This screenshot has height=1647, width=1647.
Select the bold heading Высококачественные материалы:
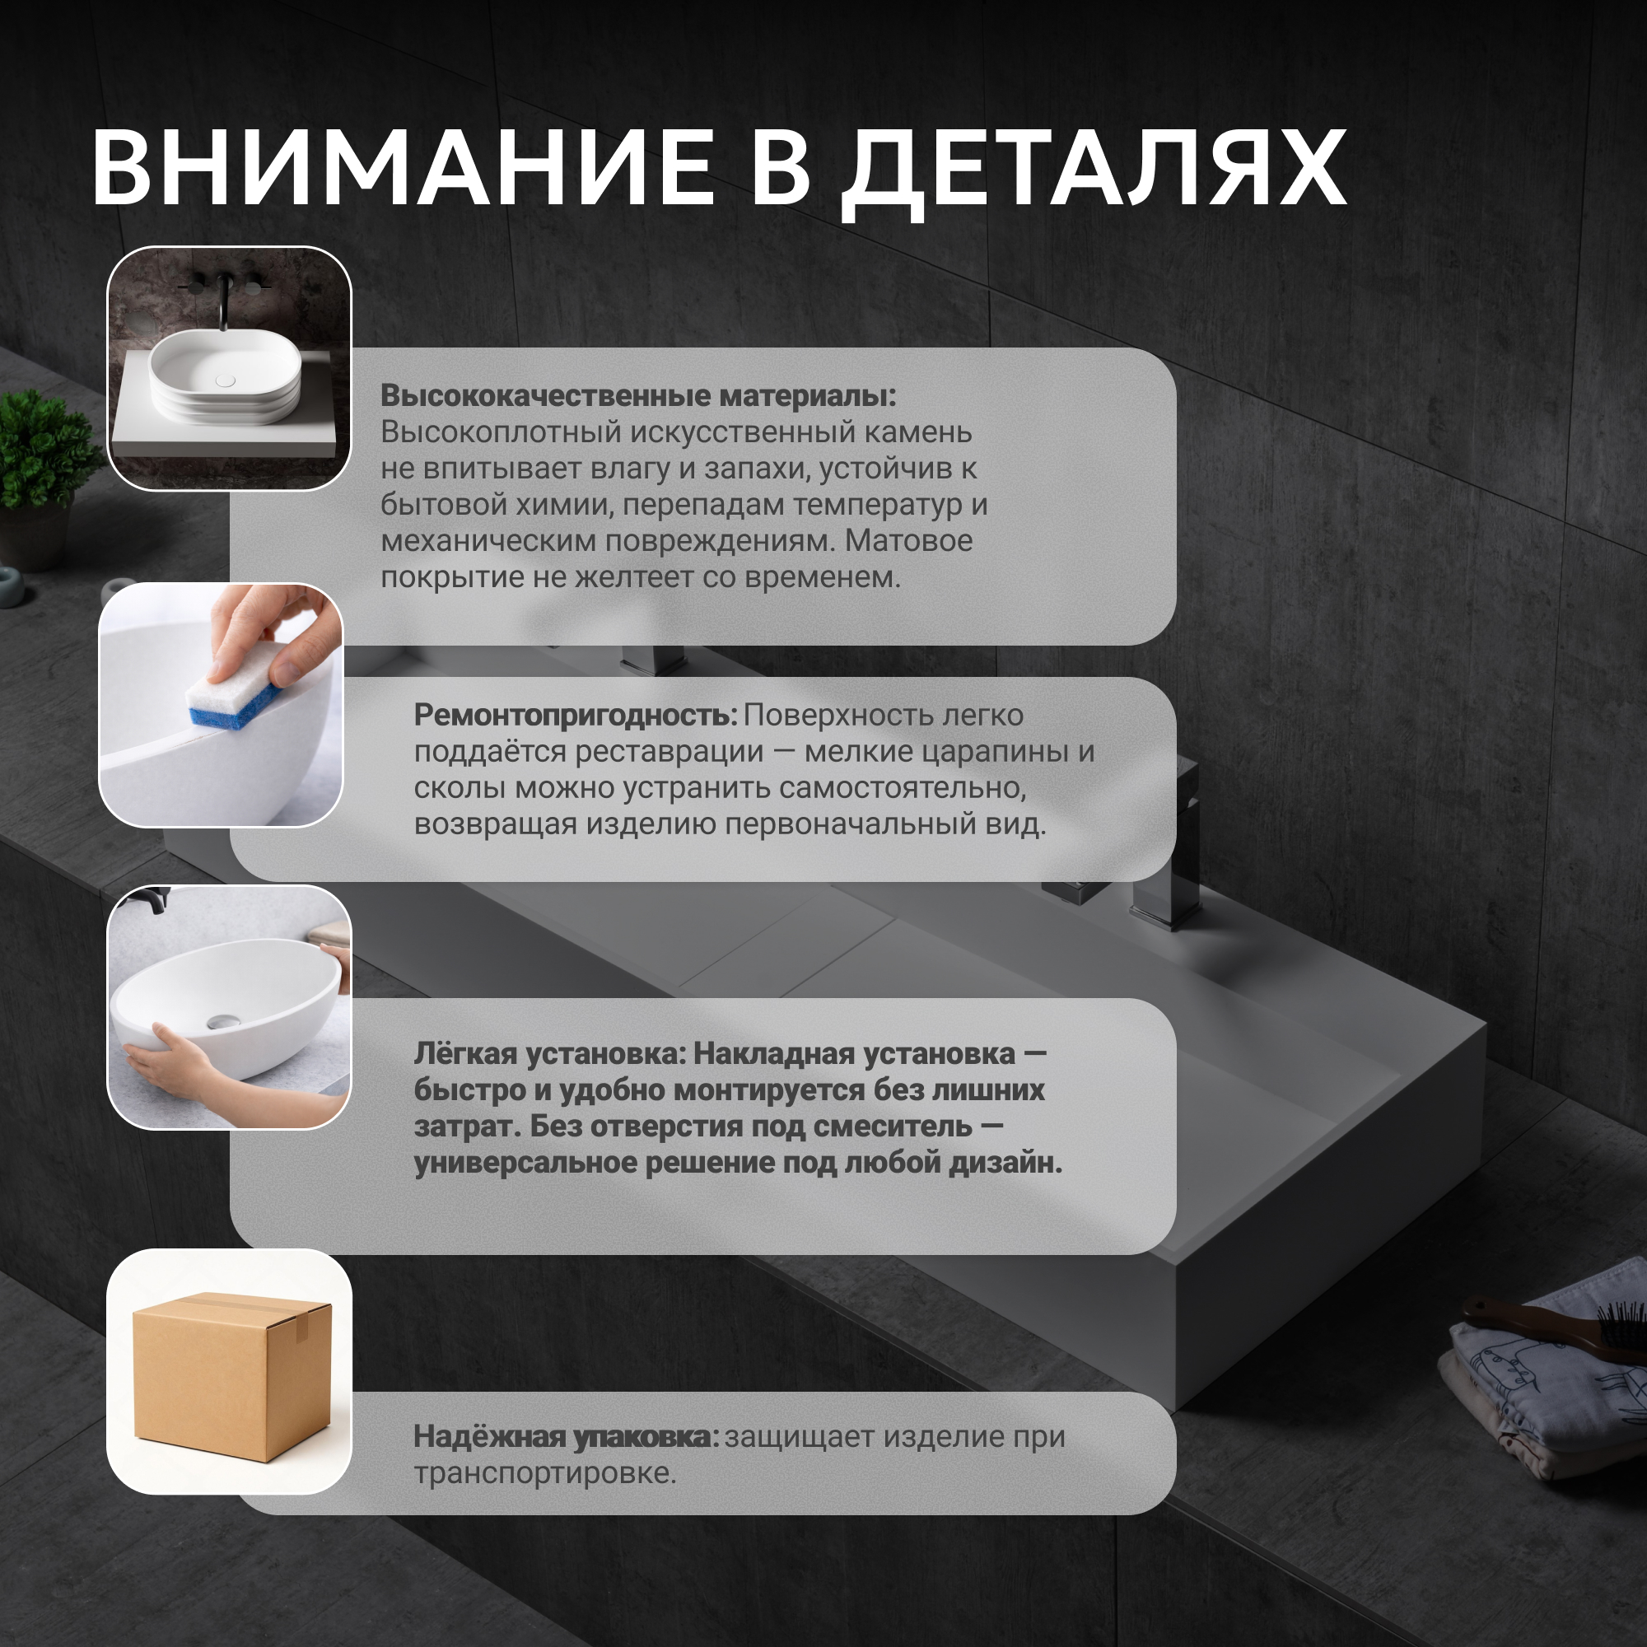638,395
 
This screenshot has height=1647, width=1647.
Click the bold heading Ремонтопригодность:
576,716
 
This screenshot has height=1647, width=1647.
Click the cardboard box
232,1375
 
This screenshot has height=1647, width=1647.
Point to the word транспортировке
546,1473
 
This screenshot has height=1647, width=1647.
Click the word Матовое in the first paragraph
909,540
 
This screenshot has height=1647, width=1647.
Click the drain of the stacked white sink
225,381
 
